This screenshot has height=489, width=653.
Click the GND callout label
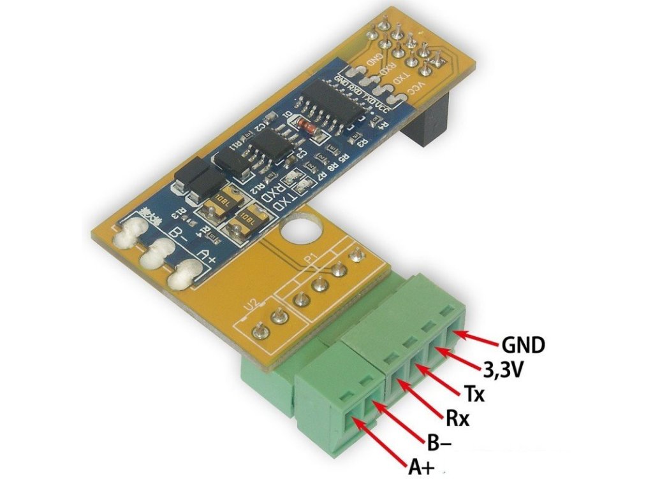point(523,345)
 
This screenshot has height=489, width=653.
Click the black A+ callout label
point(422,469)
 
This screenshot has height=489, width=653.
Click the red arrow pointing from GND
point(478,337)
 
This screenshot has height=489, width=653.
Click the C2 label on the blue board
point(260,128)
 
